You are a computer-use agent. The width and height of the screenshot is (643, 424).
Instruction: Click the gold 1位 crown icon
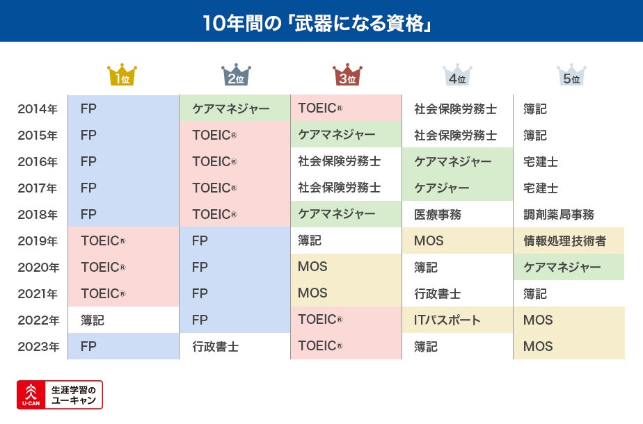point(122,75)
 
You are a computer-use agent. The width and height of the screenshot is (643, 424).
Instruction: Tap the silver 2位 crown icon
point(235,75)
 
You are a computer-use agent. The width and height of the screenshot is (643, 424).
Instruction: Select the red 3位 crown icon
point(347,75)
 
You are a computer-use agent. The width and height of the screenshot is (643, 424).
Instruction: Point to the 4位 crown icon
point(457,75)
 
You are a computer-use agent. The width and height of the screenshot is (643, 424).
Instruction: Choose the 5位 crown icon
point(571,75)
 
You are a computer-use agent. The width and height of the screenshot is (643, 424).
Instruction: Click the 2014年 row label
point(38,109)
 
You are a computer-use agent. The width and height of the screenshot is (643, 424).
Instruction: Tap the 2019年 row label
point(38,241)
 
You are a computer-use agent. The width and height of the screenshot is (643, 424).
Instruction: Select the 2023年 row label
point(38,347)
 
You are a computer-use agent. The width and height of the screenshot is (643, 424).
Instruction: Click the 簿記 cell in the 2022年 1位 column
point(93,320)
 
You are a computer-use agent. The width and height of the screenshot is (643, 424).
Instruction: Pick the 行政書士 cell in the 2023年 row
point(215,347)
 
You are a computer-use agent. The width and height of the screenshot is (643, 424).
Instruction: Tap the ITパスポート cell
point(447,320)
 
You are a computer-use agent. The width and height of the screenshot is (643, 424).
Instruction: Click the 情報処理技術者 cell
point(564,241)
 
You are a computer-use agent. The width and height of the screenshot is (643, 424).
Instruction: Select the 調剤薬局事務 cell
point(558,215)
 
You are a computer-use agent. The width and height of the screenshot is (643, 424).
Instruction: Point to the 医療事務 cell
point(437,215)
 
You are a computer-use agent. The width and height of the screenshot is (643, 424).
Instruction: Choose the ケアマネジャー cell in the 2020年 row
point(562,268)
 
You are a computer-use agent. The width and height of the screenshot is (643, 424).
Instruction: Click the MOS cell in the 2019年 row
point(429,241)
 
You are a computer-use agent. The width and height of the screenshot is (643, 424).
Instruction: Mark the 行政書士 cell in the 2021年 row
point(437,294)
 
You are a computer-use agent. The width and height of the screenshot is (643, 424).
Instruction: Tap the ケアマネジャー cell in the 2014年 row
point(230,109)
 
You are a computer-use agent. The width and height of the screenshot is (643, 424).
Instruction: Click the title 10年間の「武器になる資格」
point(321,22)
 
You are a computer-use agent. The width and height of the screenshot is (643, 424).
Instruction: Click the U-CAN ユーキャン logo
point(60,394)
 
